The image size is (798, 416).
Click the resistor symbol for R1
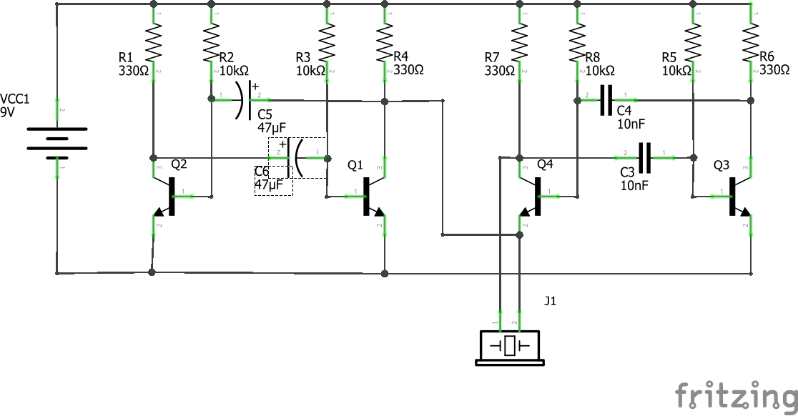(x=154, y=43)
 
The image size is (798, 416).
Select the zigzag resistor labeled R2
(x=211, y=43)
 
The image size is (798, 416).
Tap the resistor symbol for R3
(x=327, y=43)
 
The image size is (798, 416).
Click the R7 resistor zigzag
(x=519, y=43)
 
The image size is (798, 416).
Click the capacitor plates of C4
(x=607, y=100)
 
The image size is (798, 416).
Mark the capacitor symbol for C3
(x=646, y=157)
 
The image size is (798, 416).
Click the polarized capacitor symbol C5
(x=243, y=100)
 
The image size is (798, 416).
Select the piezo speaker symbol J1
(x=508, y=347)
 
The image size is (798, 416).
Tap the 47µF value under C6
(x=271, y=185)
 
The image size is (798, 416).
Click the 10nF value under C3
(x=634, y=185)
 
